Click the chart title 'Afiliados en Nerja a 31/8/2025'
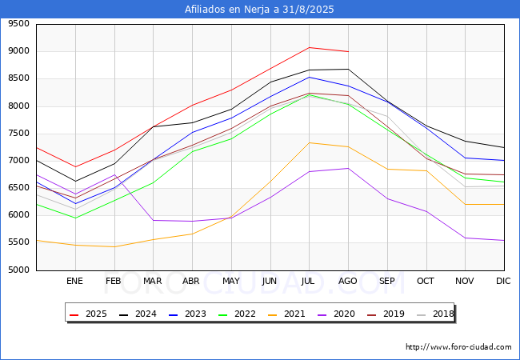(259, 10)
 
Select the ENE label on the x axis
(74, 281)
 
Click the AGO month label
(348, 281)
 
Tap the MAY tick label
(231, 281)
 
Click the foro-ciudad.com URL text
(458, 347)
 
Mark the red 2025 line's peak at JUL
(309, 47)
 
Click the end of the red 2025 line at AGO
(348, 51)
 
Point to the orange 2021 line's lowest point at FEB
(114, 246)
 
